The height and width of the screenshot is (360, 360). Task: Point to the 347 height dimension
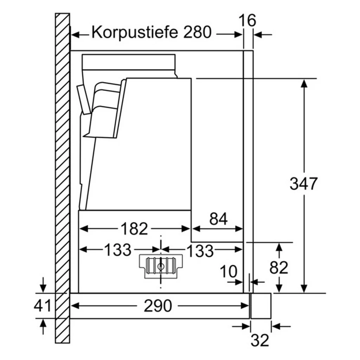(303, 184)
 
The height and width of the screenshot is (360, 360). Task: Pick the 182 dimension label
(134, 229)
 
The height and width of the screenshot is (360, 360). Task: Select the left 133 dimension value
(118, 250)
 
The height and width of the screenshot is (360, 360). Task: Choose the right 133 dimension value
(200, 250)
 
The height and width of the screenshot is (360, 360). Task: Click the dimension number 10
(229, 271)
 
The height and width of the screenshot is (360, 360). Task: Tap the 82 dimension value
(279, 268)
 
